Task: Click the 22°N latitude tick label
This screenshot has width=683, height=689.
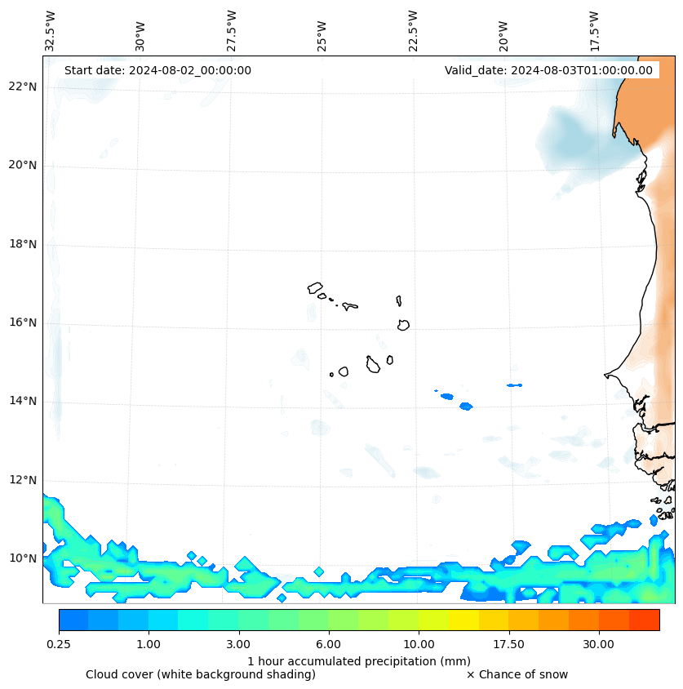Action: pos(22,87)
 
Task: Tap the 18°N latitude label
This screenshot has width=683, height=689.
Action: pos(22,244)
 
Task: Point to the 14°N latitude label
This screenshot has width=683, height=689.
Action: pos(22,401)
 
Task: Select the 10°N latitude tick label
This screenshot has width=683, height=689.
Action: pos(22,558)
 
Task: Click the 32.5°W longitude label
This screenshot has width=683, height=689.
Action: pos(51,30)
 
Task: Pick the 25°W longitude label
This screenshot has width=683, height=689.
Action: pos(322,36)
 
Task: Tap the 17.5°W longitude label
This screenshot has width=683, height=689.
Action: pos(595,31)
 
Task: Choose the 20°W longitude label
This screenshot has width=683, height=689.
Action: pos(503,36)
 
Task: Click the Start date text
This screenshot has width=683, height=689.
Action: pos(157,70)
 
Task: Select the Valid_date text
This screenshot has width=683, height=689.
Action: pos(548,70)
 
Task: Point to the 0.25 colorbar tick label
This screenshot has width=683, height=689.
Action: pos(59,644)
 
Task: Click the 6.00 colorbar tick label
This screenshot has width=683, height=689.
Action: pos(329,644)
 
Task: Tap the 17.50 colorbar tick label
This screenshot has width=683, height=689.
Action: pos(508,644)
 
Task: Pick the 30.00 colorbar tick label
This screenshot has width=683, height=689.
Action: pos(598,644)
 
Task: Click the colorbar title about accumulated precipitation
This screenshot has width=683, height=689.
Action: pos(359,660)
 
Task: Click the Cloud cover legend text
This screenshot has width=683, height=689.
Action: pos(201,674)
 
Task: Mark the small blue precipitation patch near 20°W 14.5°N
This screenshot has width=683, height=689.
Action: pos(514,385)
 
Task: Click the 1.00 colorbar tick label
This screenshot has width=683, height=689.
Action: pos(149,644)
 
